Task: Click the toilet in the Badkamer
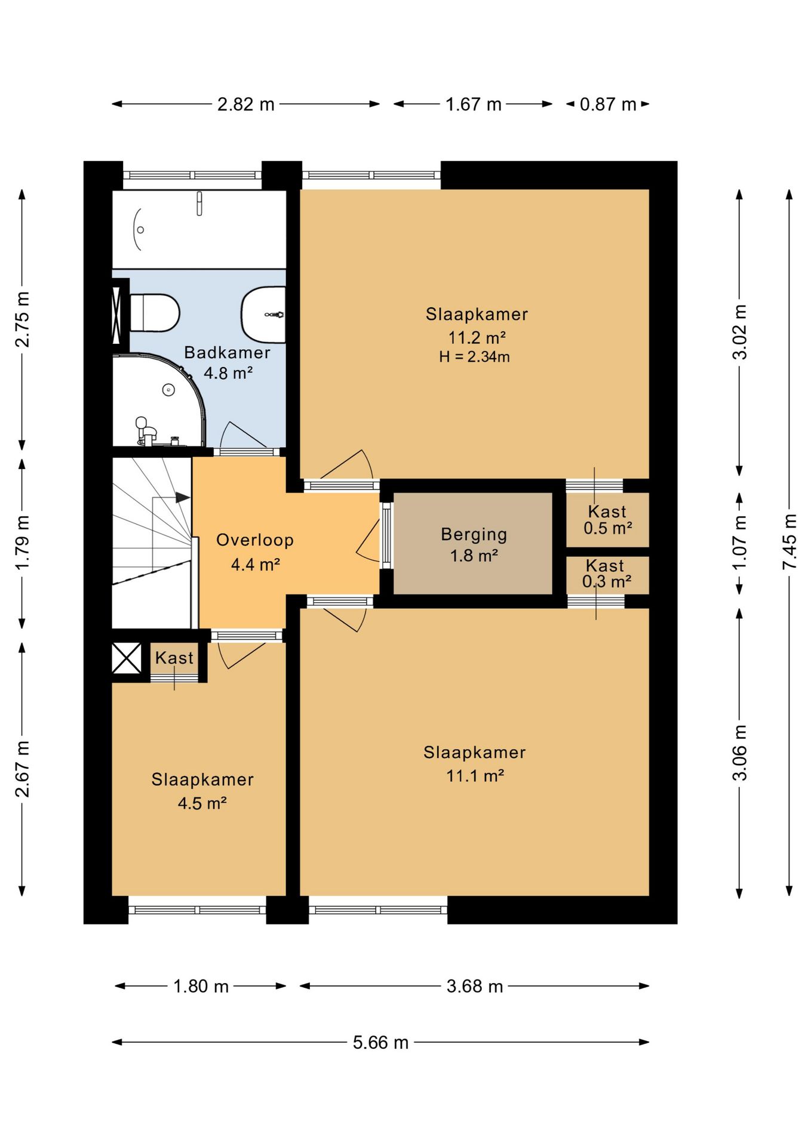(x=154, y=312)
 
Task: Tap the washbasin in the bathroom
(x=263, y=315)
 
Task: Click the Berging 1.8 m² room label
(x=474, y=544)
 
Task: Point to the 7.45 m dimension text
(x=790, y=541)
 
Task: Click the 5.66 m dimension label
(x=380, y=1042)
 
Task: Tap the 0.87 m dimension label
(x=608, y=104)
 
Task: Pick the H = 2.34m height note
(x=474, y=357)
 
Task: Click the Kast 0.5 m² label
(x=608, y=519)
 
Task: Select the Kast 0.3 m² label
(x=607, y=573)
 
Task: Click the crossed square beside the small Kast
(x=127, y=658)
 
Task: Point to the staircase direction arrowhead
(x=183, y=497)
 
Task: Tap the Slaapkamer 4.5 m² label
(x=202, y=791)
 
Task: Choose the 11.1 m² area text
(x=475, y=776)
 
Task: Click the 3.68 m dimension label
(x=475, y=986)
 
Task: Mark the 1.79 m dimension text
(x=22, y=542)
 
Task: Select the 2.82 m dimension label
(x=245, y=104)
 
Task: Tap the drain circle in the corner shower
(x=168, y=390)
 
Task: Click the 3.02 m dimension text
(x=739, y=332)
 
